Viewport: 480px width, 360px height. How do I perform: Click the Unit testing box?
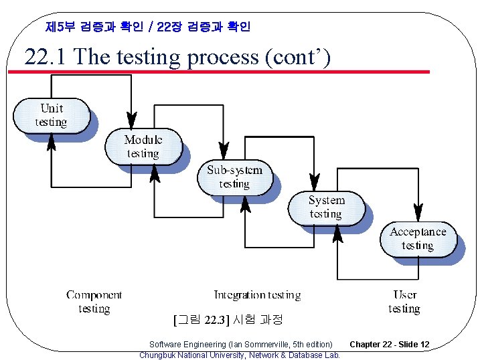[x=52, y=115]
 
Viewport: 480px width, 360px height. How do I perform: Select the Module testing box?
[x=143, y=147]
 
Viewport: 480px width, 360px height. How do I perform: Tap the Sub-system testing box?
[x=234, y=177]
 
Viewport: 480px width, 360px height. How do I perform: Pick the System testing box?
[x=326, y=207]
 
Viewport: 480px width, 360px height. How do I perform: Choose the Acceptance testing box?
[x=418, y=239]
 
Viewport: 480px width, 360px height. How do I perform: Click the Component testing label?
[x=94, y=301]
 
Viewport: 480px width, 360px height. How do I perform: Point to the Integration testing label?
[x=257, y=294]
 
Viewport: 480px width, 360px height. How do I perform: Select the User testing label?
[x=404, y=301]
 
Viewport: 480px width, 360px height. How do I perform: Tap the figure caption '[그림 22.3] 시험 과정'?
[x=227, y=319]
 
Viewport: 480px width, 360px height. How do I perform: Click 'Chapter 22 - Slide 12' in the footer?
[x=389, y=344]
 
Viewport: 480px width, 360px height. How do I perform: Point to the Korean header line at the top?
[x=148, y=27]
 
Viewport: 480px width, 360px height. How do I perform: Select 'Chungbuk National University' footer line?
[x=239, y=355]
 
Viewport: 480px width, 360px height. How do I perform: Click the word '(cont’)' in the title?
[x=298, y=57]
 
